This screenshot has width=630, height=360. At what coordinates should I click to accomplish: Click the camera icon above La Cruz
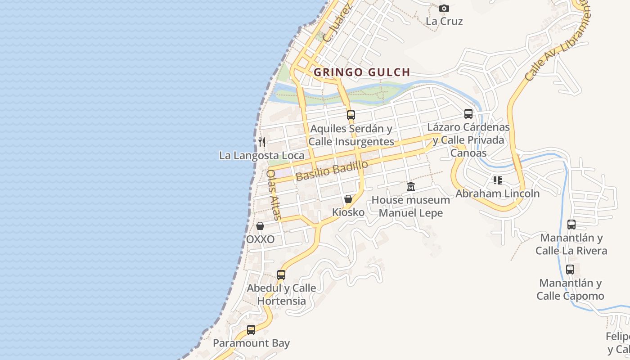(x=444, y=9)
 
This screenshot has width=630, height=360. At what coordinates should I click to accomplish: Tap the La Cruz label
(x=444, y=21)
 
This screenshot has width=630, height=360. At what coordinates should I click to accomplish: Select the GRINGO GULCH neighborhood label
(x=362, y=72)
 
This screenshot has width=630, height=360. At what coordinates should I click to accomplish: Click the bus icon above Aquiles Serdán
(x=351, y=115)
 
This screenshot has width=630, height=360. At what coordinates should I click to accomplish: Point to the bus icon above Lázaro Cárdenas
(x=468, y=113)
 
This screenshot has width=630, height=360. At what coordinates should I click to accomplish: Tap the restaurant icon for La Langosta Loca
(x=262, y=142)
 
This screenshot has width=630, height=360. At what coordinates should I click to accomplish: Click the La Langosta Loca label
(x=261, y=156)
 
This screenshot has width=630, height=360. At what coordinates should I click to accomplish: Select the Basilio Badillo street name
(x=332, y=171)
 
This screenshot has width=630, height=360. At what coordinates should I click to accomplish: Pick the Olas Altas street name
(x=274, y=194)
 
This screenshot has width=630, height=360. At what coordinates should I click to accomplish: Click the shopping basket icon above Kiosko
(x=348, y=199)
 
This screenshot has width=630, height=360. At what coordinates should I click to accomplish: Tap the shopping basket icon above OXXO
(x=260, y=226)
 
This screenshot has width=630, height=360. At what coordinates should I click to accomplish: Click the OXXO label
(x=260, y=239)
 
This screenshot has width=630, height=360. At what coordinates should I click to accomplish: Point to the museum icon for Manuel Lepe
(x=411, y=187)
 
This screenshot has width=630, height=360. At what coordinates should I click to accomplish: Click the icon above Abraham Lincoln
(x=498, y=180)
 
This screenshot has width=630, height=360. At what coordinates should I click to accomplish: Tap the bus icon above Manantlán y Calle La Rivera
(x=571, y=224)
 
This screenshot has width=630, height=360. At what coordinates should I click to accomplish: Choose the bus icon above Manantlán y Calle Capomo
(x=570, y=270)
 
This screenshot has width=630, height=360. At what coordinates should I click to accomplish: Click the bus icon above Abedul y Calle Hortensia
(x=281, y=274)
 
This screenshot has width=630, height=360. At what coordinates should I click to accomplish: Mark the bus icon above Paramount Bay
(x=251, y=330)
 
